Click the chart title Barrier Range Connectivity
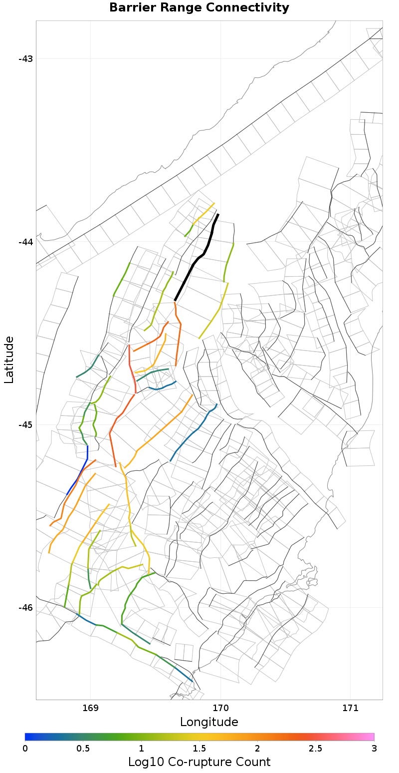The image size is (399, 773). (x=199, y=8)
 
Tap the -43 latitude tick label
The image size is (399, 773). (x=25, y=59)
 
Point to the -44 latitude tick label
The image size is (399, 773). (x=25, y=242)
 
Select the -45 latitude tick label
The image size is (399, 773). (x=25, y=424)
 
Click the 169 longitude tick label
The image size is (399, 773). (x=90, y=708)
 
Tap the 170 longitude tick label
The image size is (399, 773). (x=220, y=708)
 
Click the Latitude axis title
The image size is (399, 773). (x=9, y=360)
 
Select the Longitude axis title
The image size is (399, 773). (x=209, y=722)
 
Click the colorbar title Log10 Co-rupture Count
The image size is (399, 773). (x=199, y=762)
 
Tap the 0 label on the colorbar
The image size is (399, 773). (x=25, y=748)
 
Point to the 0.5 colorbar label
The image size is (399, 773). (x=83, y=748)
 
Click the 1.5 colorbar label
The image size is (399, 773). (x=199, y=748)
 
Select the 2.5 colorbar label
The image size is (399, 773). (x=316, y=748)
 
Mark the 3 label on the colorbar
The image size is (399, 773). (x=374, y=748)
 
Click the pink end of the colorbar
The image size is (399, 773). (x=369, y=737)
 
